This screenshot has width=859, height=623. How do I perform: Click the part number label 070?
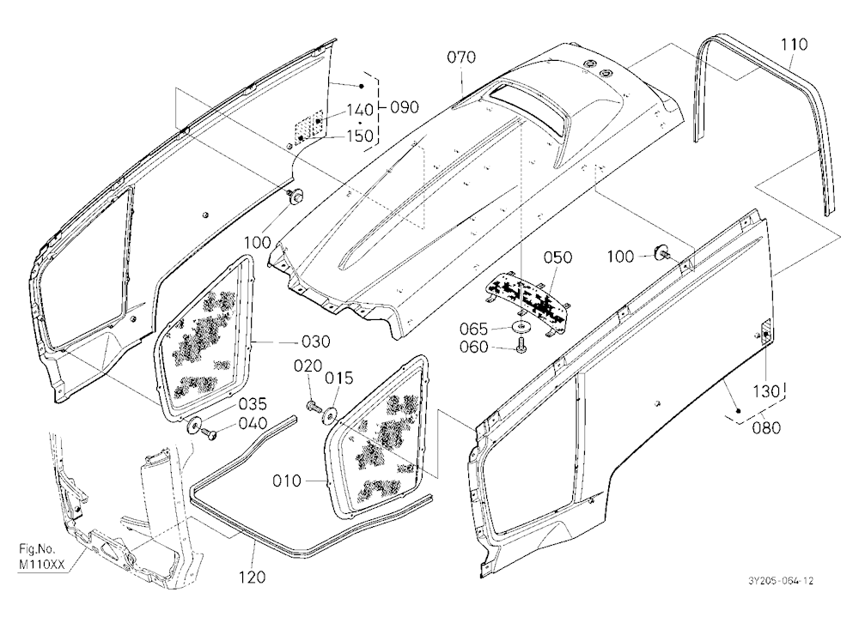(x=461, y=57)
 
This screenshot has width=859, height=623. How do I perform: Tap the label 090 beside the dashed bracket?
(x=404, y=107)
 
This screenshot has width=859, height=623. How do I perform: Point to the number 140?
(x=359, y=110)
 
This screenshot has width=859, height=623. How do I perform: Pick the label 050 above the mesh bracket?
(x=558, y=257)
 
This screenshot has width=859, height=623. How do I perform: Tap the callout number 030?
(x=316, y=342)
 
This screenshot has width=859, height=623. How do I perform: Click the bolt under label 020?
(x=313, y=407)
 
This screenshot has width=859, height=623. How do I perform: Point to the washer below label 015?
(x=331, y=415)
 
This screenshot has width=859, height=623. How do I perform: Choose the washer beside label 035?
(x=194, y=424)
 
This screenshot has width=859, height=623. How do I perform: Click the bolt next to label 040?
(x=209, y=434)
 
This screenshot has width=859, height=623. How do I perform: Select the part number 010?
(x=287, y=481)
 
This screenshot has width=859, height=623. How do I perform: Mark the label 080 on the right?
(x=766, y=427)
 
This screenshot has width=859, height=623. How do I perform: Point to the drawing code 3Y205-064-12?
(x=780, y=581)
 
